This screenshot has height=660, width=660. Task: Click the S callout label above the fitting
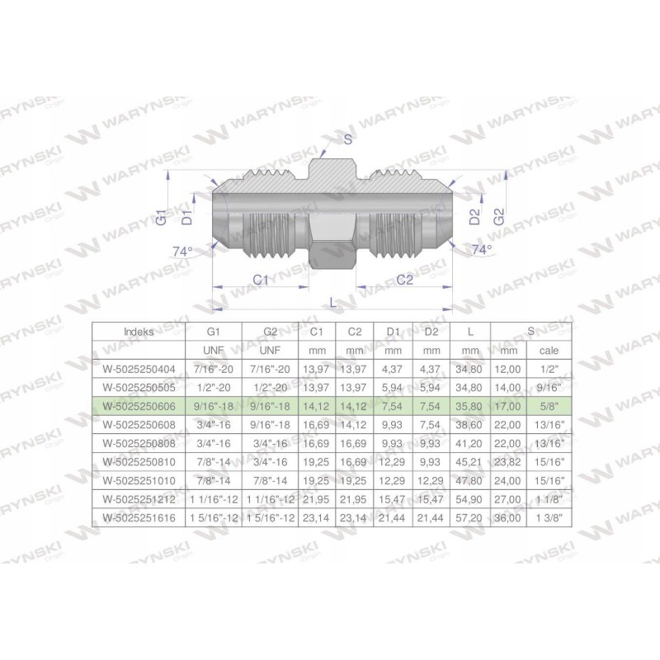[x=348, y=139]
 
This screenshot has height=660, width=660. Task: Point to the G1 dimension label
[x=163, y=217]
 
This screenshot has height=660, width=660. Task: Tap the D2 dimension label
[x=474, y=218]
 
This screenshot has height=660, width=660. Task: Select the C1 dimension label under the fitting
[x=261, y=280]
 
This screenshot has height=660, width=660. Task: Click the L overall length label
[x=332, y=302]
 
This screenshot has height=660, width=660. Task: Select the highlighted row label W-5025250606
[x=141, y=405]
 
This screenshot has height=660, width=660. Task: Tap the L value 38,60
[x=470, y=424]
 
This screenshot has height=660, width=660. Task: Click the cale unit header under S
[x=548, y=349]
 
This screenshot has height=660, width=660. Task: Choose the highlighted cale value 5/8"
[x=548, y=405]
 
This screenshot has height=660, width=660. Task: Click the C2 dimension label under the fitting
[x=404, y=280]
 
